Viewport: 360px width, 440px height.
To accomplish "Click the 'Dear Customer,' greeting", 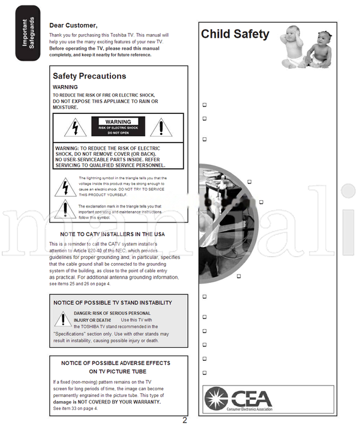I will click(x=73, y=25).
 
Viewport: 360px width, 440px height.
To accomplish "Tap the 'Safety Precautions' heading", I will click(x=89, y=76).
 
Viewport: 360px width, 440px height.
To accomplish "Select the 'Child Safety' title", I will click(x=235, y=34).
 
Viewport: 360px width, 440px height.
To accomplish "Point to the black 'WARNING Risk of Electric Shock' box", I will click(x=118, y=126).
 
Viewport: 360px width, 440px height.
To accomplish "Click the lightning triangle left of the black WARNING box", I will click(x=75, y=128).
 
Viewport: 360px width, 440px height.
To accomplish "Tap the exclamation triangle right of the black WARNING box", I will click(x=161, y=127).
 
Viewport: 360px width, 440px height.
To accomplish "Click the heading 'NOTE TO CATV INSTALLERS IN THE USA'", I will click(x=112, y=234).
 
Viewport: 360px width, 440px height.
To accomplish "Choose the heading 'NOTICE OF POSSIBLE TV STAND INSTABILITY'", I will click(x=112, y=303).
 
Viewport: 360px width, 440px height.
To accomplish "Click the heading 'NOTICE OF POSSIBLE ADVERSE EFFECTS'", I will click(x=116, y=363).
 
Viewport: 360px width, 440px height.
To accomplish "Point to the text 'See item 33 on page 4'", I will click(x=75, y=408).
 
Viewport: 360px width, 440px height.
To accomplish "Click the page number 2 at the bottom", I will click(x=185, y=420).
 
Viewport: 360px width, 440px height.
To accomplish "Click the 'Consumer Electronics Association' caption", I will click(x=250, y=411).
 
